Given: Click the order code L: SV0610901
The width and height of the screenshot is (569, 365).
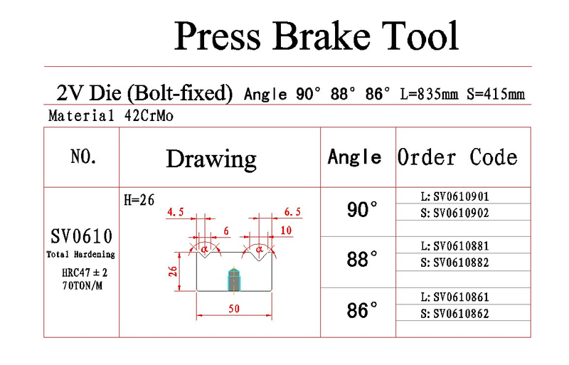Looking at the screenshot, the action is tap(454, 196).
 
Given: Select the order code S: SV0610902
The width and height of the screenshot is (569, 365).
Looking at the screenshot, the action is tap(454, 213).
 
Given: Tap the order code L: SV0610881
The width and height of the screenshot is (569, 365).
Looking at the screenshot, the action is tap(454, 246).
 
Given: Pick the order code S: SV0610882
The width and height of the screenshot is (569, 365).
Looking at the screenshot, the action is tap(454, 263).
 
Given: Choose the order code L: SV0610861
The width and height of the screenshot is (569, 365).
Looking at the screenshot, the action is tap(454, 297).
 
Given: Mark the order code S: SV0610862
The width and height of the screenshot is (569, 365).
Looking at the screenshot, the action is tap(454, 314).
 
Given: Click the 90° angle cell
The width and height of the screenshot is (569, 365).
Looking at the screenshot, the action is tap(362, 210).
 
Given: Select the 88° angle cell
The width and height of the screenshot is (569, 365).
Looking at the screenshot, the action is tap(362, 259).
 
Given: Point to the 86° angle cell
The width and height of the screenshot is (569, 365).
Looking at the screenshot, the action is tap(362, 310).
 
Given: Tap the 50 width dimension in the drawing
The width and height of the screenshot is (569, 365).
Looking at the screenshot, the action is tap(234, 309).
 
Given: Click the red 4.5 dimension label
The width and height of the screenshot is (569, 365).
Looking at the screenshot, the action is tap(175, 212).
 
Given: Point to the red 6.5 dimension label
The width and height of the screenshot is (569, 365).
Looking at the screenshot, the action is tap(292, 212).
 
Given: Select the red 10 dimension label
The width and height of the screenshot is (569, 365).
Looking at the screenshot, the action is tap(286, 231).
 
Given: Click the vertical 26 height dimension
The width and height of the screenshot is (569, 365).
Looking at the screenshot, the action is tap(173, 271).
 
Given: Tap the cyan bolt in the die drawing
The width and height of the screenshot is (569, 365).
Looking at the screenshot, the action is tap(234, 280).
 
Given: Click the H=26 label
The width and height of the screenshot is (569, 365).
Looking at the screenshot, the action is tap(139, 200).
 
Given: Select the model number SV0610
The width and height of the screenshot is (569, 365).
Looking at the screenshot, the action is tap(81, 236).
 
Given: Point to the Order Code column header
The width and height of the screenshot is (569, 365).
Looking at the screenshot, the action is tap(457, 157).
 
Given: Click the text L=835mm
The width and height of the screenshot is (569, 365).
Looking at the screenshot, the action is tap(429, 95).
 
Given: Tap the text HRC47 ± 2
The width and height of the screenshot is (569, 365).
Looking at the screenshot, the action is tap(85, 273).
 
